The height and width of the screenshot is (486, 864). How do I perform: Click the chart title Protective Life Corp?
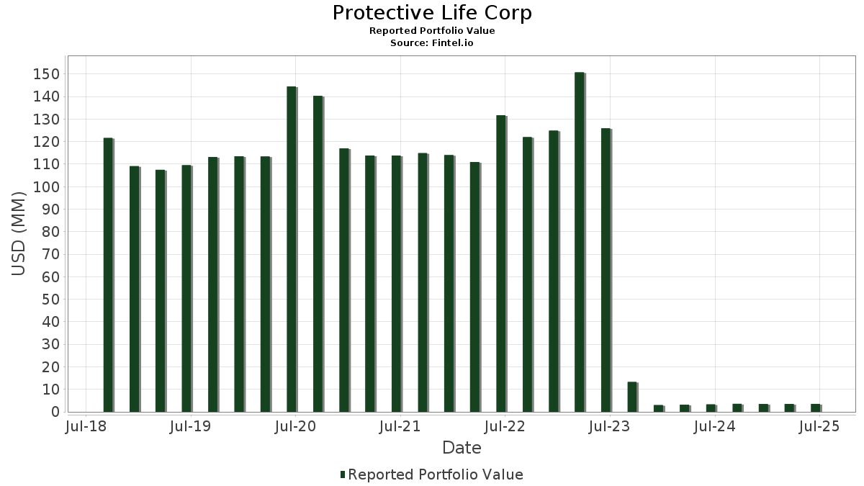(432, 13)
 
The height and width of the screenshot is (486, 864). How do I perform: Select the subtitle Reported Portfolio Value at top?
(432, 31)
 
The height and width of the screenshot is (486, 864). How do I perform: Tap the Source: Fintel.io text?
(432, 43)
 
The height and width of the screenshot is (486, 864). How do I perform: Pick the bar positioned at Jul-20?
(292, 249)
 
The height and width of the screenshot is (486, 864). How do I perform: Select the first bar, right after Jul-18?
(108, 274)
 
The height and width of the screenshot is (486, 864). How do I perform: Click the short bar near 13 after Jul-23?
(632, 397)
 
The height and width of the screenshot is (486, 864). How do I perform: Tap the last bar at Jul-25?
(815, 408)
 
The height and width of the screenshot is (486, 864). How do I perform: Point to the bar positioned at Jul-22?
(501, 264)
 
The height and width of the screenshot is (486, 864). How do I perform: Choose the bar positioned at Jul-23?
(606, 270)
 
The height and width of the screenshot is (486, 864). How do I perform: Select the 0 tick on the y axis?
(54, 413)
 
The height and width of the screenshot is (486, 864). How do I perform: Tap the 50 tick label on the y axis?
(50, 300)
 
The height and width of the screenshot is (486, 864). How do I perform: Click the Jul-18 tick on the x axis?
(86, 427)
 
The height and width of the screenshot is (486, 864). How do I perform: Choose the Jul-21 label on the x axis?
(400, 427)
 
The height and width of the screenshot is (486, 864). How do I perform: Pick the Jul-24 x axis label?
(714, 427)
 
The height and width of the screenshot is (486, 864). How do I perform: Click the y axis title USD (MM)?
(19, 233)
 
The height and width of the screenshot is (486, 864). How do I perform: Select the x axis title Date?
(462, 448)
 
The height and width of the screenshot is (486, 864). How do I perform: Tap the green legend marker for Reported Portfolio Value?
(343, 474)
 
